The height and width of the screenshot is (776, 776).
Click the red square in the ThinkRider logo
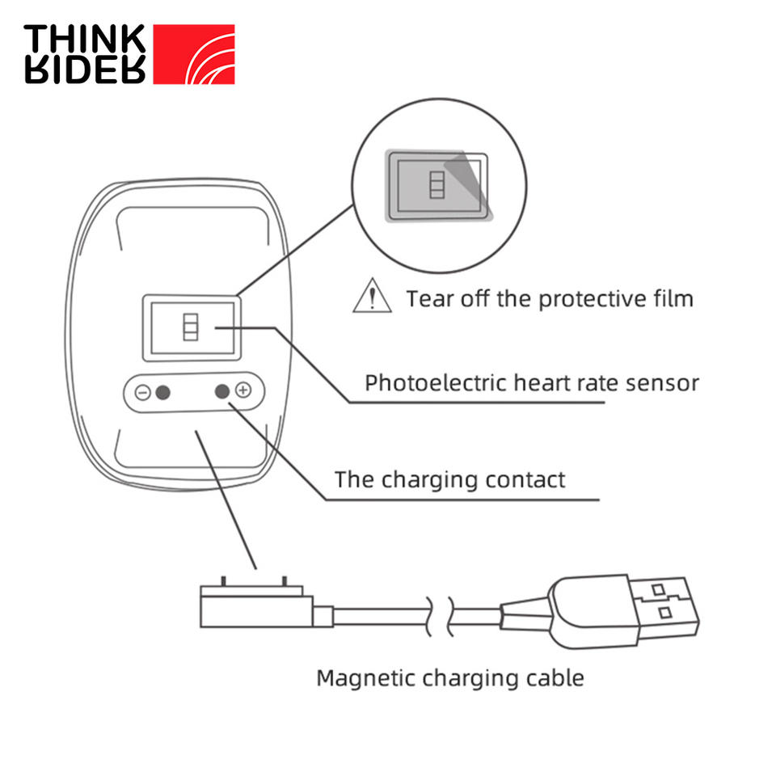194,53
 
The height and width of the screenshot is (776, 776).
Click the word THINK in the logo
85,38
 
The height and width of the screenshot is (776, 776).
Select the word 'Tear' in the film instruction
428,298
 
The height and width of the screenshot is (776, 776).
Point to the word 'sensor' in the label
662,382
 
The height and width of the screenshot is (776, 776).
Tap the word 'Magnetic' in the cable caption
356,677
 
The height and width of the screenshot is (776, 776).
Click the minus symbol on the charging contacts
142,393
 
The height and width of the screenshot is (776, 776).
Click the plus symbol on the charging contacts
243,391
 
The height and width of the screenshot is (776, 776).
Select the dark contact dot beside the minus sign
162,393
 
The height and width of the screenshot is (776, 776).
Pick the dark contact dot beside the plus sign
222,391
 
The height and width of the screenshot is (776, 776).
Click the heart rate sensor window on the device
192,327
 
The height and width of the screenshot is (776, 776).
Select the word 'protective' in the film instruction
588,298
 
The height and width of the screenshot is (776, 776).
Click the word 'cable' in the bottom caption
556,677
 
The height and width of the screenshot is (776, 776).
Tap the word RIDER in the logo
85,71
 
